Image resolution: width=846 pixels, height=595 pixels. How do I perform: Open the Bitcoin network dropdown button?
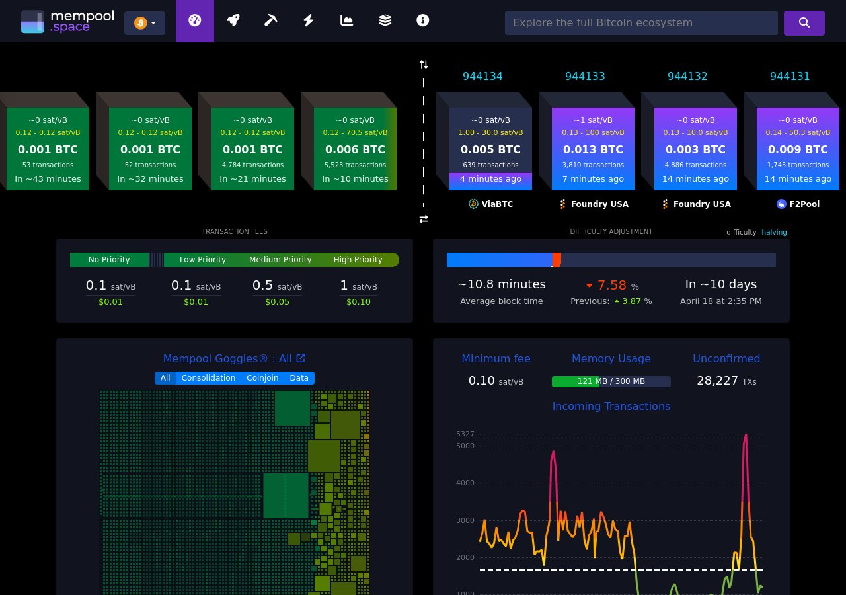145,23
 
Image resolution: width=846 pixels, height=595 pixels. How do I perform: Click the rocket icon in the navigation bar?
233,20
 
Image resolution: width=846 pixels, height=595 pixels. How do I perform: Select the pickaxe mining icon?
270,20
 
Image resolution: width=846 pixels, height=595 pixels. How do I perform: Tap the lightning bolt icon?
308,20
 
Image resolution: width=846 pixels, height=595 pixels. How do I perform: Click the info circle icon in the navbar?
423,20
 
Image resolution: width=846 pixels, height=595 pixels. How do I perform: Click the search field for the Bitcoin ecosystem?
640,23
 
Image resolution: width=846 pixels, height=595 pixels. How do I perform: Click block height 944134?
482,77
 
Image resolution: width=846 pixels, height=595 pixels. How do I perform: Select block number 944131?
790,77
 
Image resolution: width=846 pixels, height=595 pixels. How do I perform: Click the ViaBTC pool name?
497,204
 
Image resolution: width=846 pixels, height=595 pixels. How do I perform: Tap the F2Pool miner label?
804,204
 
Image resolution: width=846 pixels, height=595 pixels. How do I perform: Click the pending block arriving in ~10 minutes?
355,149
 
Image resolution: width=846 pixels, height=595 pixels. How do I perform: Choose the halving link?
774,232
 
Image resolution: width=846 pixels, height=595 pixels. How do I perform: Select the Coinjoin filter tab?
262,378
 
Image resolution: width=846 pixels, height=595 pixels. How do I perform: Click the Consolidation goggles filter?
208,378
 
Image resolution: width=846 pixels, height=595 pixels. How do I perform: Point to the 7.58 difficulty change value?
611,285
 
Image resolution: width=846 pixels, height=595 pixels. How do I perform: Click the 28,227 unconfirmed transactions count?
717,381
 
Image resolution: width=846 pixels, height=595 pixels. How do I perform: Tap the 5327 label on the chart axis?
465,434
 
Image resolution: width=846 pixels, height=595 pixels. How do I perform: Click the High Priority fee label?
358,260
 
